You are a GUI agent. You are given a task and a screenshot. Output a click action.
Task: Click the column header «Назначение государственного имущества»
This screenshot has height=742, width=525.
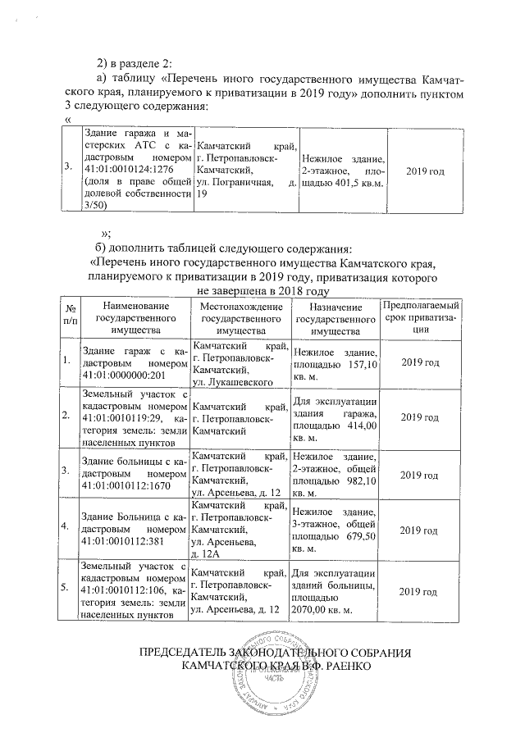[x=328, y=317]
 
